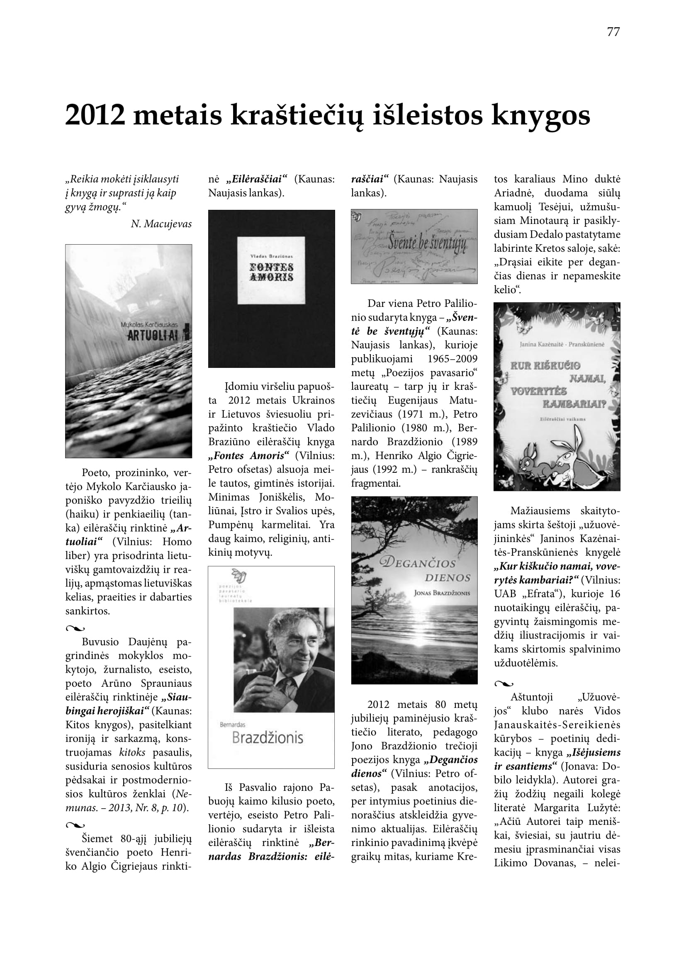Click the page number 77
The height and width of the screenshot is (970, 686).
coord(613,32)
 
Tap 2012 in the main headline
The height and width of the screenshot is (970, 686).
coord(95,115)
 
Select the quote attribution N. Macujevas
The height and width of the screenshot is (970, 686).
coord(161,224)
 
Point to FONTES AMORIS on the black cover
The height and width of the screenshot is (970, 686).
coord(271,272)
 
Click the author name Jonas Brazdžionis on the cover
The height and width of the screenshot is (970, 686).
coord(442,593)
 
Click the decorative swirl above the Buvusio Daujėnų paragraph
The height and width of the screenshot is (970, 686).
coord(75,629)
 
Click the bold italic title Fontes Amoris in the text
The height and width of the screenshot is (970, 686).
coord(249,456)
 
